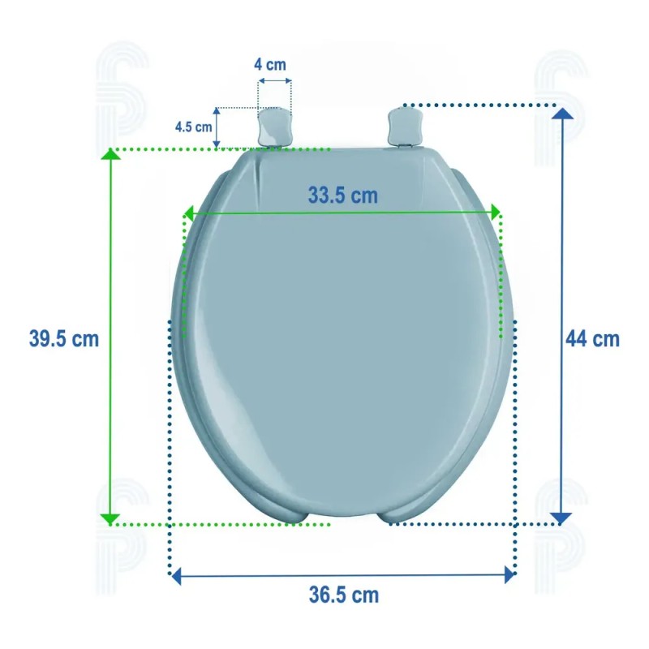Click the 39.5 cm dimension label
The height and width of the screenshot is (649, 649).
click(64, 339)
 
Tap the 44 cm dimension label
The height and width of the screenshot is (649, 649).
click(592, 339)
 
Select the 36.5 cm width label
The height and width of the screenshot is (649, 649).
click(344, 595)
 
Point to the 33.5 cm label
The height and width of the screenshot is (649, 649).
click(343, 196)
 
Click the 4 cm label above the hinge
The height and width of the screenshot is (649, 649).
click(270, 65)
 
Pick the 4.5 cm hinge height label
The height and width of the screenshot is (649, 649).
click(193, 127)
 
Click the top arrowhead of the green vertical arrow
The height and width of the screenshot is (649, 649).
click(110, 154)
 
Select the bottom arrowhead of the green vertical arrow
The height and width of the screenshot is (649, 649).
click(110, 519)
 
